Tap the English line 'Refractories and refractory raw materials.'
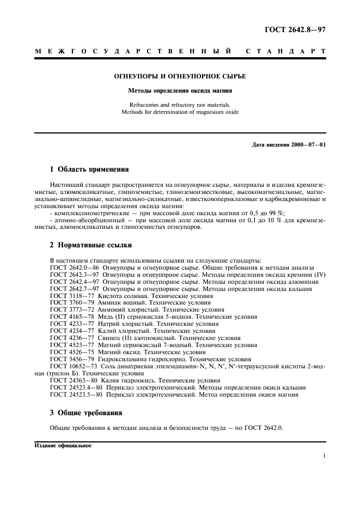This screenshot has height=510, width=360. click(x=180, y=105)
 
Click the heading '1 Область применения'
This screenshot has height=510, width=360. click(x=89, y=169)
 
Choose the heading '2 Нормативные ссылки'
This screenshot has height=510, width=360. click(x=90, y=245)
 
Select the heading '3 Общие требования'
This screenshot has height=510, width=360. click(x=86, y=412)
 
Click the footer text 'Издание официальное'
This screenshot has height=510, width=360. click(x=63, y=445)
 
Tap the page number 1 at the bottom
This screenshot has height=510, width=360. click(x=324, y=457)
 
